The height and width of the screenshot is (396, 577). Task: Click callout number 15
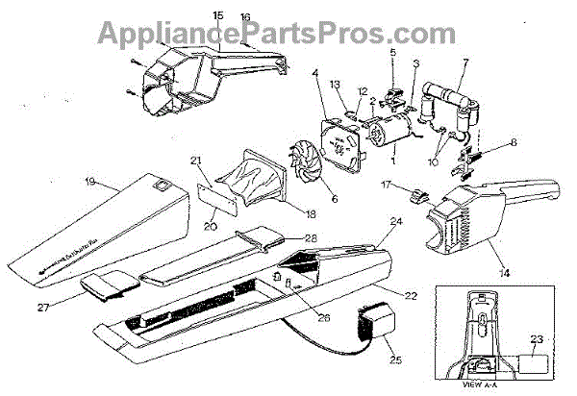[216, 15]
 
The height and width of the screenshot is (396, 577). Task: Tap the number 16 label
[245, 17]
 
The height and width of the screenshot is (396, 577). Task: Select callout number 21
[195, 160]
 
